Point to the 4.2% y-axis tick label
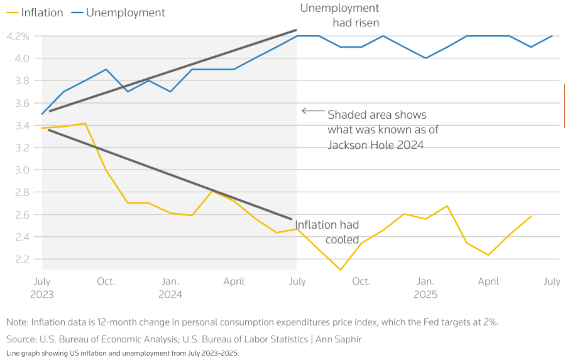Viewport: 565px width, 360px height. [18, 36]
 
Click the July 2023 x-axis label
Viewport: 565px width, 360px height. [42, 287]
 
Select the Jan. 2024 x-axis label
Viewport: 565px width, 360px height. [170, 287]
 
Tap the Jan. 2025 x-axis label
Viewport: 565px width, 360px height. [425, 287]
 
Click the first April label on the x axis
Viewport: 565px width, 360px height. [233, 281]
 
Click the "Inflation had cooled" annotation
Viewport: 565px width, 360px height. [327, 232]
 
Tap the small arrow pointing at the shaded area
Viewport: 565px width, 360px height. [312, 111]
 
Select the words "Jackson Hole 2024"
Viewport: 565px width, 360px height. [375, 145]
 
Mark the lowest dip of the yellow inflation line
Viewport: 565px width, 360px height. [340, 270]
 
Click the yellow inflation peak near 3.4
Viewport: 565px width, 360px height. [85, 124]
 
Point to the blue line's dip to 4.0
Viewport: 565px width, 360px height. [425, 58]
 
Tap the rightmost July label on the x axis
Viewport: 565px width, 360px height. [551, 281]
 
